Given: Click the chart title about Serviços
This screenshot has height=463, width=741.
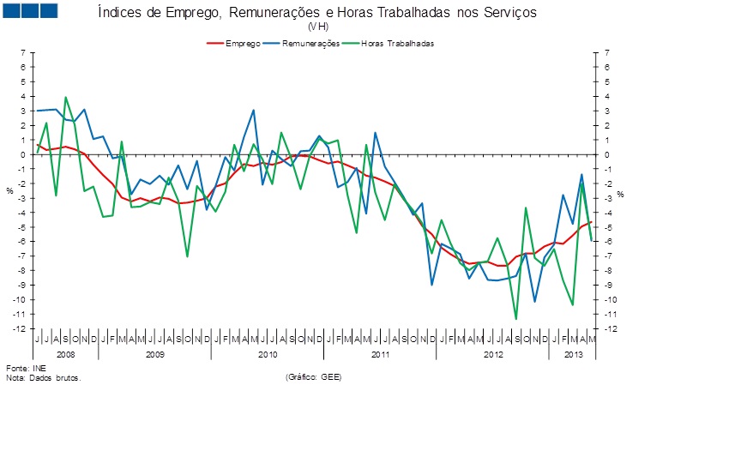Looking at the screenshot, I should click(316, 14).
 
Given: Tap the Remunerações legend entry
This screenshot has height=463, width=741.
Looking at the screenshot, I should click(310, 43).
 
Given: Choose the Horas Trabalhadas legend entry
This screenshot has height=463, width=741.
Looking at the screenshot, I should click(397, 43).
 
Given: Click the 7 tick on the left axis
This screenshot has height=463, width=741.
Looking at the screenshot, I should click(24, 53).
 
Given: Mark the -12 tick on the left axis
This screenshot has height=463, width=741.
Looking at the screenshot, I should click(21, 328).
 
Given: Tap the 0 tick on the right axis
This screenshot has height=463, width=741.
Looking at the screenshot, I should click(605, 154).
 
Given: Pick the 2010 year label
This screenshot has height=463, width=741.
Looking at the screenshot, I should click(268, 353).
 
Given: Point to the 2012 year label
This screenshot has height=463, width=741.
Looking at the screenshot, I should click(493, 353).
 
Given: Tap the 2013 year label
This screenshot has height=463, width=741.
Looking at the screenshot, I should click(572, 353).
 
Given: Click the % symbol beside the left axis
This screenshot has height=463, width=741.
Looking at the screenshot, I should click(9, 190).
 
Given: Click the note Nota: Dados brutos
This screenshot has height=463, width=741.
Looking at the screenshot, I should click(43, 376).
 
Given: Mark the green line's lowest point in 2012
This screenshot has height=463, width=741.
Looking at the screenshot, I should click(516, 319).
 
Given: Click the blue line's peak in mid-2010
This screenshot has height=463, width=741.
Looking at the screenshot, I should click(253, 110).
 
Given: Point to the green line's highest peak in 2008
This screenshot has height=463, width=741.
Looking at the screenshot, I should click(66, 97).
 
